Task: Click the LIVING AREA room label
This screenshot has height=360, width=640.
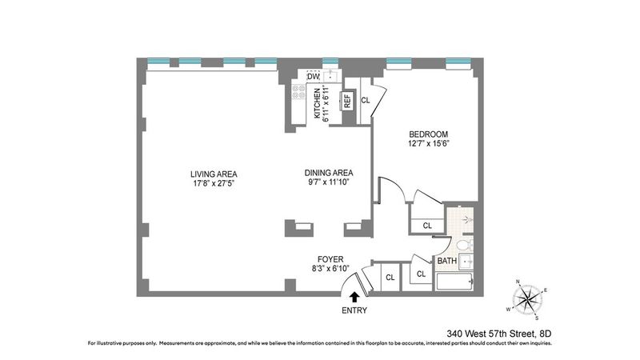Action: tap(214, 174)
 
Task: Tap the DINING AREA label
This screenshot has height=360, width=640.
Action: tap(329, 173)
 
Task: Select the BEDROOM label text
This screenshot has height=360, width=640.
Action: tap(428, 134)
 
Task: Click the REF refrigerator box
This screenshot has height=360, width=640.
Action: tap(347, 101)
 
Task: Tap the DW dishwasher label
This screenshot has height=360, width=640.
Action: tap(313, 76)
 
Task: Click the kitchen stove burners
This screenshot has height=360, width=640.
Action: tap(298, 92)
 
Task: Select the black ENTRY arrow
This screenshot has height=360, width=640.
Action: tap(354, 297)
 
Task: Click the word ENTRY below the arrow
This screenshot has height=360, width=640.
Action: tap(354, 310)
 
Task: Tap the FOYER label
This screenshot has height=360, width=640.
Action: tap(330, 259)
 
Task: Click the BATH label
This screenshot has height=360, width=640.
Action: tap(447, 261)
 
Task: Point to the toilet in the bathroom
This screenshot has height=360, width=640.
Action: tap(465, 245)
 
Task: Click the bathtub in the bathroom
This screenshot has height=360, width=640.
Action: tap(454, 282)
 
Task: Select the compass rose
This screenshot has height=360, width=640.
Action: tap(527, 300)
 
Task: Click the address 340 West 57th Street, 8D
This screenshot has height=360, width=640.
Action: tap(498, 334)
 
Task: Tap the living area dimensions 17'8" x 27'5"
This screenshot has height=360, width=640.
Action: tap(214, 183)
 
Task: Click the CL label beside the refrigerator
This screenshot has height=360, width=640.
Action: tap(366, 100)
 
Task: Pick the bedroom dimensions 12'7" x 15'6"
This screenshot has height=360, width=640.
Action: tap(428, 143)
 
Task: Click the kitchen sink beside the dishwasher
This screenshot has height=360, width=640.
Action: tap(330, 76)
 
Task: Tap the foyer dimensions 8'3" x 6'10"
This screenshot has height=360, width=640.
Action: tap(330, 268)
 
